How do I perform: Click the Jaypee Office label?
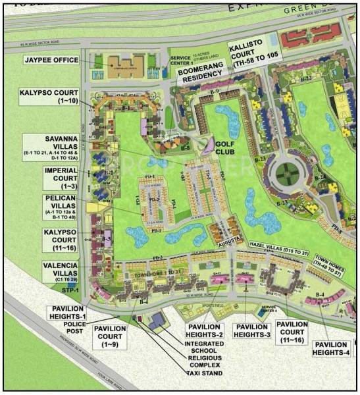pos(51,60)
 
